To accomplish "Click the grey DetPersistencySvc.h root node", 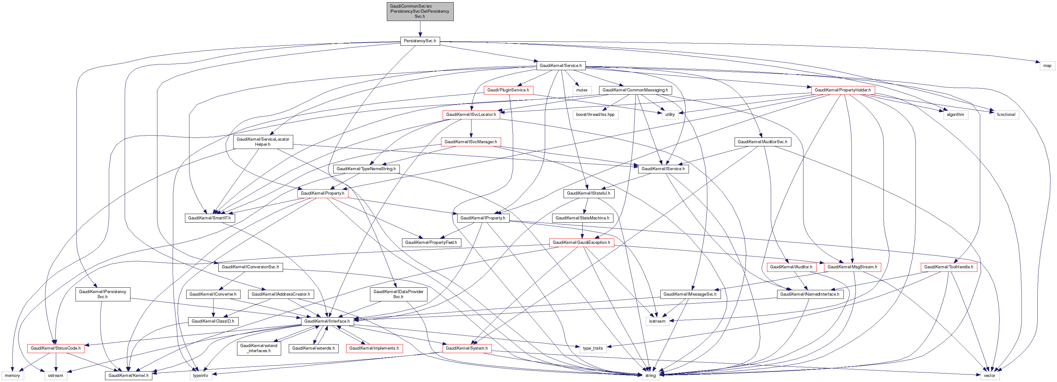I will click(420, 11).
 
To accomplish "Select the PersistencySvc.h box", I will click(420, 41).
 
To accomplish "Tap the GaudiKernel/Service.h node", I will click(560, 66).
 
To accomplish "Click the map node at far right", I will click(1047, 66).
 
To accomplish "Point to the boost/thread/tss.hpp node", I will click(595, 115).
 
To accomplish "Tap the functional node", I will click(1006, 115).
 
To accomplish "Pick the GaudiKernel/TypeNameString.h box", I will click(366, 169).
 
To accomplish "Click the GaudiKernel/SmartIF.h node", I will click(209, 218).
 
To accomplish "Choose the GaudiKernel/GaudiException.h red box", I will click(581, 243).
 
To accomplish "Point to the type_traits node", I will click(593, 348).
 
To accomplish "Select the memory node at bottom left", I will click(12, 375).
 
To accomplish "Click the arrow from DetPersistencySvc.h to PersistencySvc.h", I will click(420, 29).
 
